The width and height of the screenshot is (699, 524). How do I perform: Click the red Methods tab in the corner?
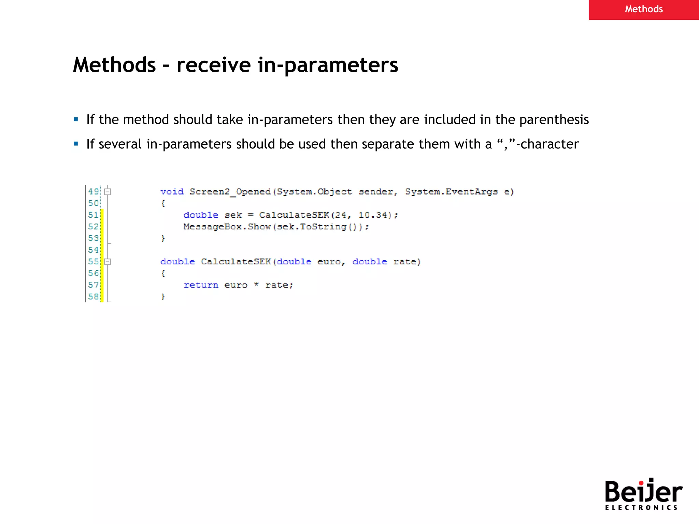click(x=643, y=10)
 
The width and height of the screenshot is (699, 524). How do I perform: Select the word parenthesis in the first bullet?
click(x=554, y=120)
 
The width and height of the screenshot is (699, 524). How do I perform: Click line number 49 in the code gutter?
click(x=93, y=191)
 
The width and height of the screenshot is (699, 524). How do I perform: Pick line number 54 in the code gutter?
click(x=93, y=250)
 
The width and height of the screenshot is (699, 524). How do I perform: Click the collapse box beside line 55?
click(x=108, y=262)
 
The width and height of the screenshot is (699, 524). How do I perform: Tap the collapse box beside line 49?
click(x=108, y=192)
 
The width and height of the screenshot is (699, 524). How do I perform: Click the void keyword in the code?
click(x=172, y=192)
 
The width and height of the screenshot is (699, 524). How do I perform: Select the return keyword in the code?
click(x=201, y=285)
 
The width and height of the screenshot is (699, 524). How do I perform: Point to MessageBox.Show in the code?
click(x=227, y=227)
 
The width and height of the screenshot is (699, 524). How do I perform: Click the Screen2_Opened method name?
click(x=230, y=192)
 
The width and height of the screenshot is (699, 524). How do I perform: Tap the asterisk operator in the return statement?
click(x=256, y=285)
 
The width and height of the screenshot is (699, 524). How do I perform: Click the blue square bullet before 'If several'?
click(x=76, y=144)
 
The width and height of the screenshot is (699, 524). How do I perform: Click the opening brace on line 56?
click(x=163, y=273)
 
